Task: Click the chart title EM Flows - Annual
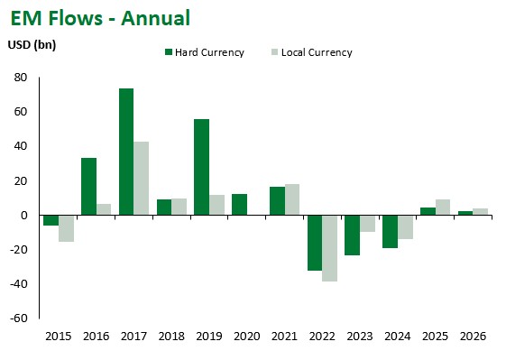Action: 100,18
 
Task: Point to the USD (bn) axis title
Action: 32,45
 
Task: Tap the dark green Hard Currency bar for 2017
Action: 126,152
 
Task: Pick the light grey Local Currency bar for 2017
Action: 142,178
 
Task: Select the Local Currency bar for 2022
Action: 329,248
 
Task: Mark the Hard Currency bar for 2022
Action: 314,243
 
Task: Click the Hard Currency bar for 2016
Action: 88,186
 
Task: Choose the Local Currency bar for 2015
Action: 66,228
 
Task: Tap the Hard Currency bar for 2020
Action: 239,204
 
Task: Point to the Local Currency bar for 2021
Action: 291,199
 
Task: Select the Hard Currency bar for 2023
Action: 352,235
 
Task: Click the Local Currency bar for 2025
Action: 442,207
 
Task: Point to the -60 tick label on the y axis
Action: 18,318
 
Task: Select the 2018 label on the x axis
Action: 171,337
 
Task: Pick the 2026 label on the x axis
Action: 472,337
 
